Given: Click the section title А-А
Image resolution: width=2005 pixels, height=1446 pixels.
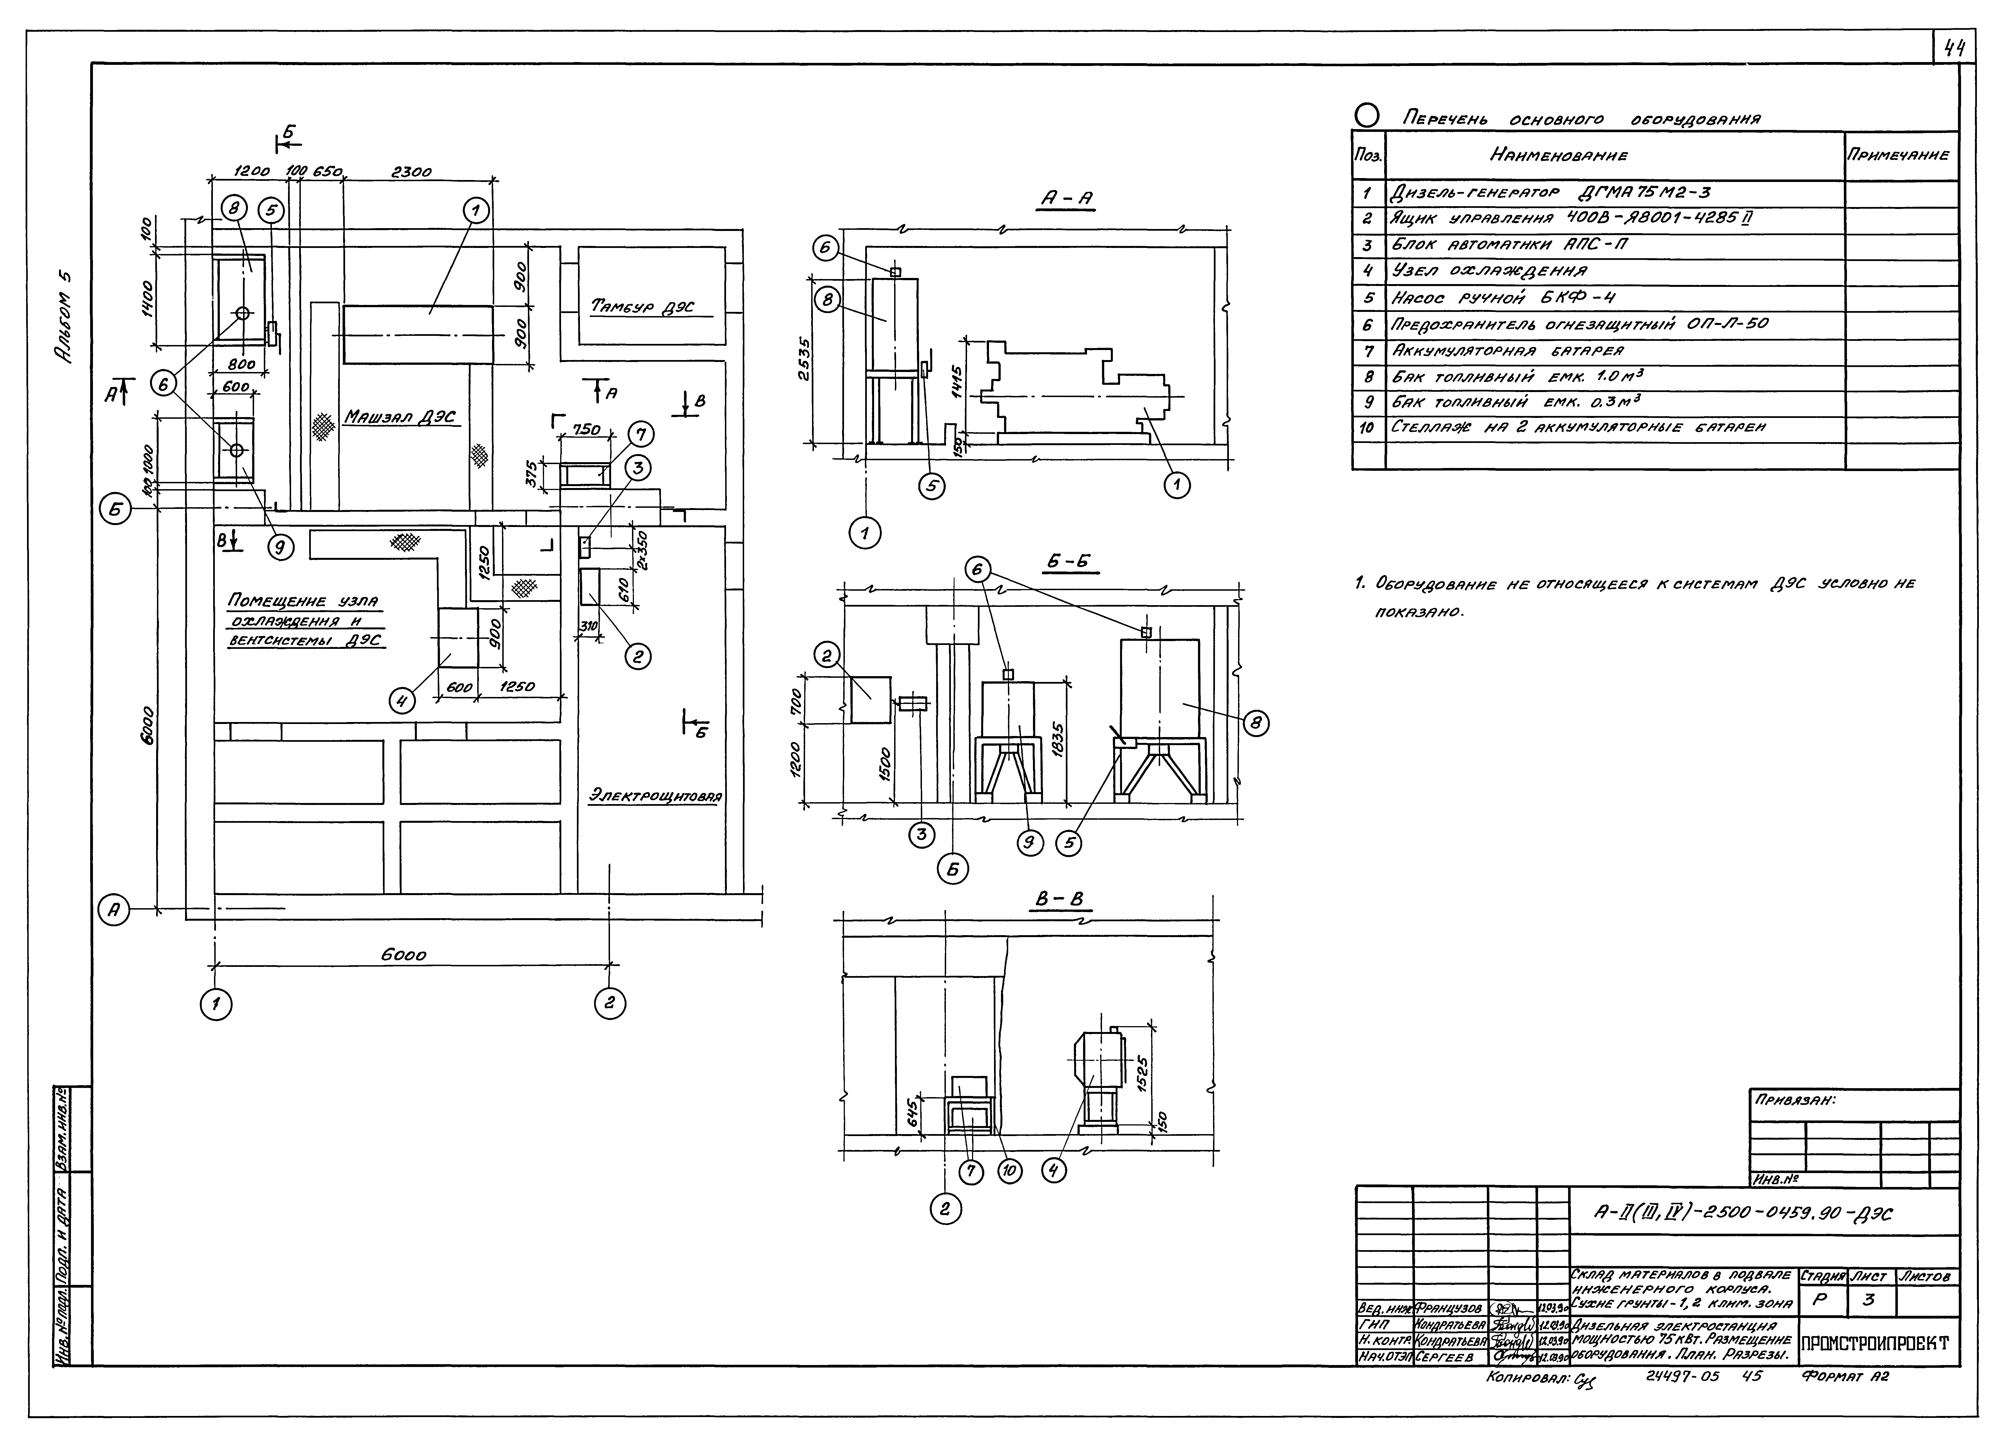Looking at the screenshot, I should pyautogui.click(x=1065, y=201).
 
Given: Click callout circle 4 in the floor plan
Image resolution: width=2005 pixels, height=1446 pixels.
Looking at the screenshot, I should pyautogui.click(x=402, y=701).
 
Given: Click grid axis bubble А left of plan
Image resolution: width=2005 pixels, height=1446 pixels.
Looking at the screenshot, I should pyautogui.click(x=113, y=911).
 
